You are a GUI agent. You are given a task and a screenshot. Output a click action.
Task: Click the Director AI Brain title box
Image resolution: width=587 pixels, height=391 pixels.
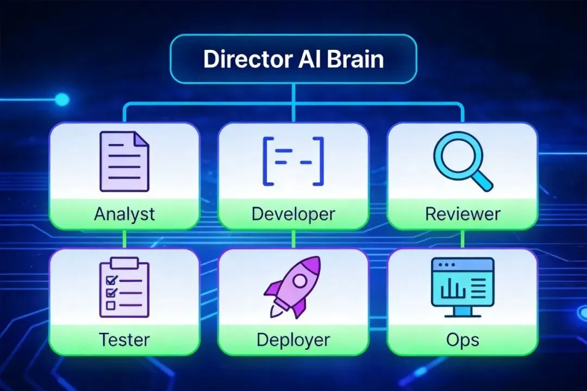(293, 59)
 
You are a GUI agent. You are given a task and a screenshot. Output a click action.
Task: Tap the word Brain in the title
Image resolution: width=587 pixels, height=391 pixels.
(356, 59)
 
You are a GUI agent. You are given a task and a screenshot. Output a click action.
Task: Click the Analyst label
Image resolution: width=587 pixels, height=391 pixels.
(124, 213)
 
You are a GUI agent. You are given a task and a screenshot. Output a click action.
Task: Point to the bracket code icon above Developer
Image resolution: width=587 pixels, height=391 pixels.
(293, 162)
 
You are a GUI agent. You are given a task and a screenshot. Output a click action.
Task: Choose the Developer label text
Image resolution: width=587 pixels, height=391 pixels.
(293, 213)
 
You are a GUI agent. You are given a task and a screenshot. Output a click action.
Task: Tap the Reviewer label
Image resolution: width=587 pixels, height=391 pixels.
(463, 213)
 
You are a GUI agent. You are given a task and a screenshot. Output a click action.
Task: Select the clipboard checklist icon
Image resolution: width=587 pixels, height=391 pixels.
(124, 287)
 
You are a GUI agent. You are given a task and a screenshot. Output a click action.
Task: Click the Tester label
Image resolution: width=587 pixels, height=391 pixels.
(124, 339)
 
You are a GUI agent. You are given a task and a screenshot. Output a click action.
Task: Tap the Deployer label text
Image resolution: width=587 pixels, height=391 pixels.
(293, 340)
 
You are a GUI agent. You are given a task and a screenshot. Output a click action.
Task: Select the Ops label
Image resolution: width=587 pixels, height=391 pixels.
(463, 339)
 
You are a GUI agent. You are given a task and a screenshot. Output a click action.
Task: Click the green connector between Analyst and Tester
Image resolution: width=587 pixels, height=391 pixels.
(124, 239)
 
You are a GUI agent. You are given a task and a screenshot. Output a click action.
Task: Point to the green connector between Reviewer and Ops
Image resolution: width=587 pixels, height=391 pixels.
(463, 239)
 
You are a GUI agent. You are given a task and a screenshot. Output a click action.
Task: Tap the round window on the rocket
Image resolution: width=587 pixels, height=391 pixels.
(299, 280)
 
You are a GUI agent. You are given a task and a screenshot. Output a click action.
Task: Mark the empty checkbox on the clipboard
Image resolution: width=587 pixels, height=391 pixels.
(110, 305)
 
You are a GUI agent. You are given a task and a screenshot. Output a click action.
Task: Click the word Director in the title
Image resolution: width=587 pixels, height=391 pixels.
(243, 59)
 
